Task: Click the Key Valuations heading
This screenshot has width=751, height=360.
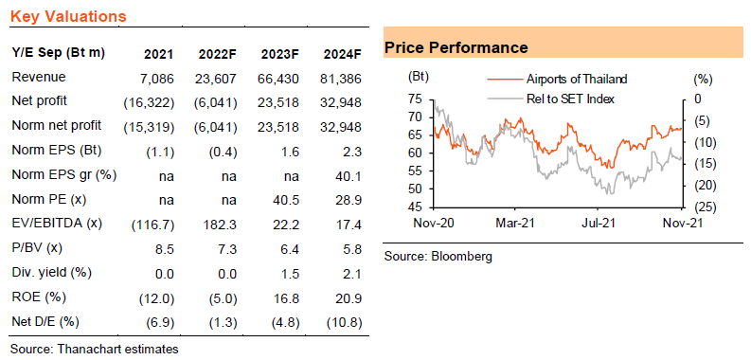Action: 68,17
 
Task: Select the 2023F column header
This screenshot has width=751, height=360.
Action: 280,54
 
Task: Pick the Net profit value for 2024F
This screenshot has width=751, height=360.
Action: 342,102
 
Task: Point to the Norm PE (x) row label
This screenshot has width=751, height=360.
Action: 48,199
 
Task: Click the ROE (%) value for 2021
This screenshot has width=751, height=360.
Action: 156,298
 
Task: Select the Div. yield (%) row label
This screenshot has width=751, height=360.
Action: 51,273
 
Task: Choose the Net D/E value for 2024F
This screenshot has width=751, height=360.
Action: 344,323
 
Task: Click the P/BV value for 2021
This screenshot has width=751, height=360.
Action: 165,249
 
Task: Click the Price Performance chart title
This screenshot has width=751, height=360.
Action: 456,48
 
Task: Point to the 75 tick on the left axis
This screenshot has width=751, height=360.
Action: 416,99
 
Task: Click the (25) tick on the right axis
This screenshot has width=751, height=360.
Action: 695,207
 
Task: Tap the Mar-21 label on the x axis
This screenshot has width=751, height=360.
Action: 515,223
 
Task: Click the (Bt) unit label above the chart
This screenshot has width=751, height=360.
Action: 419,77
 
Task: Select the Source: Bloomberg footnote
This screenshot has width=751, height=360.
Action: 438,257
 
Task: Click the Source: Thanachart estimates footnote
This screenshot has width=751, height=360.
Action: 95,349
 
